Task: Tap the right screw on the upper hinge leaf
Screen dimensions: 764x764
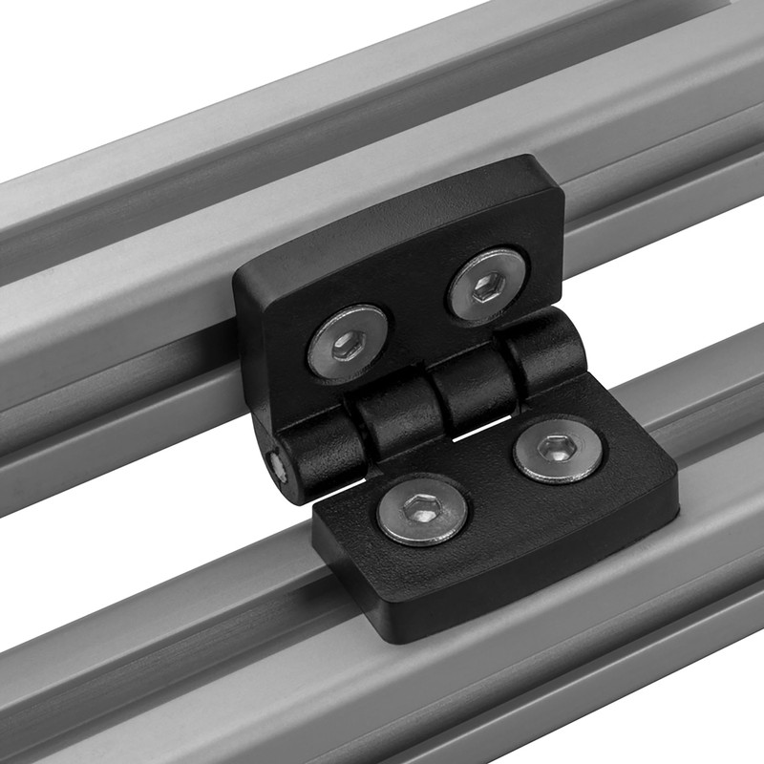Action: click(x=488, y=285)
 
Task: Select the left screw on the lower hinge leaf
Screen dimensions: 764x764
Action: click(x=422, y=509)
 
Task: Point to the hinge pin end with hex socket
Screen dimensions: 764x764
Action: click(x=276, y=465)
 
